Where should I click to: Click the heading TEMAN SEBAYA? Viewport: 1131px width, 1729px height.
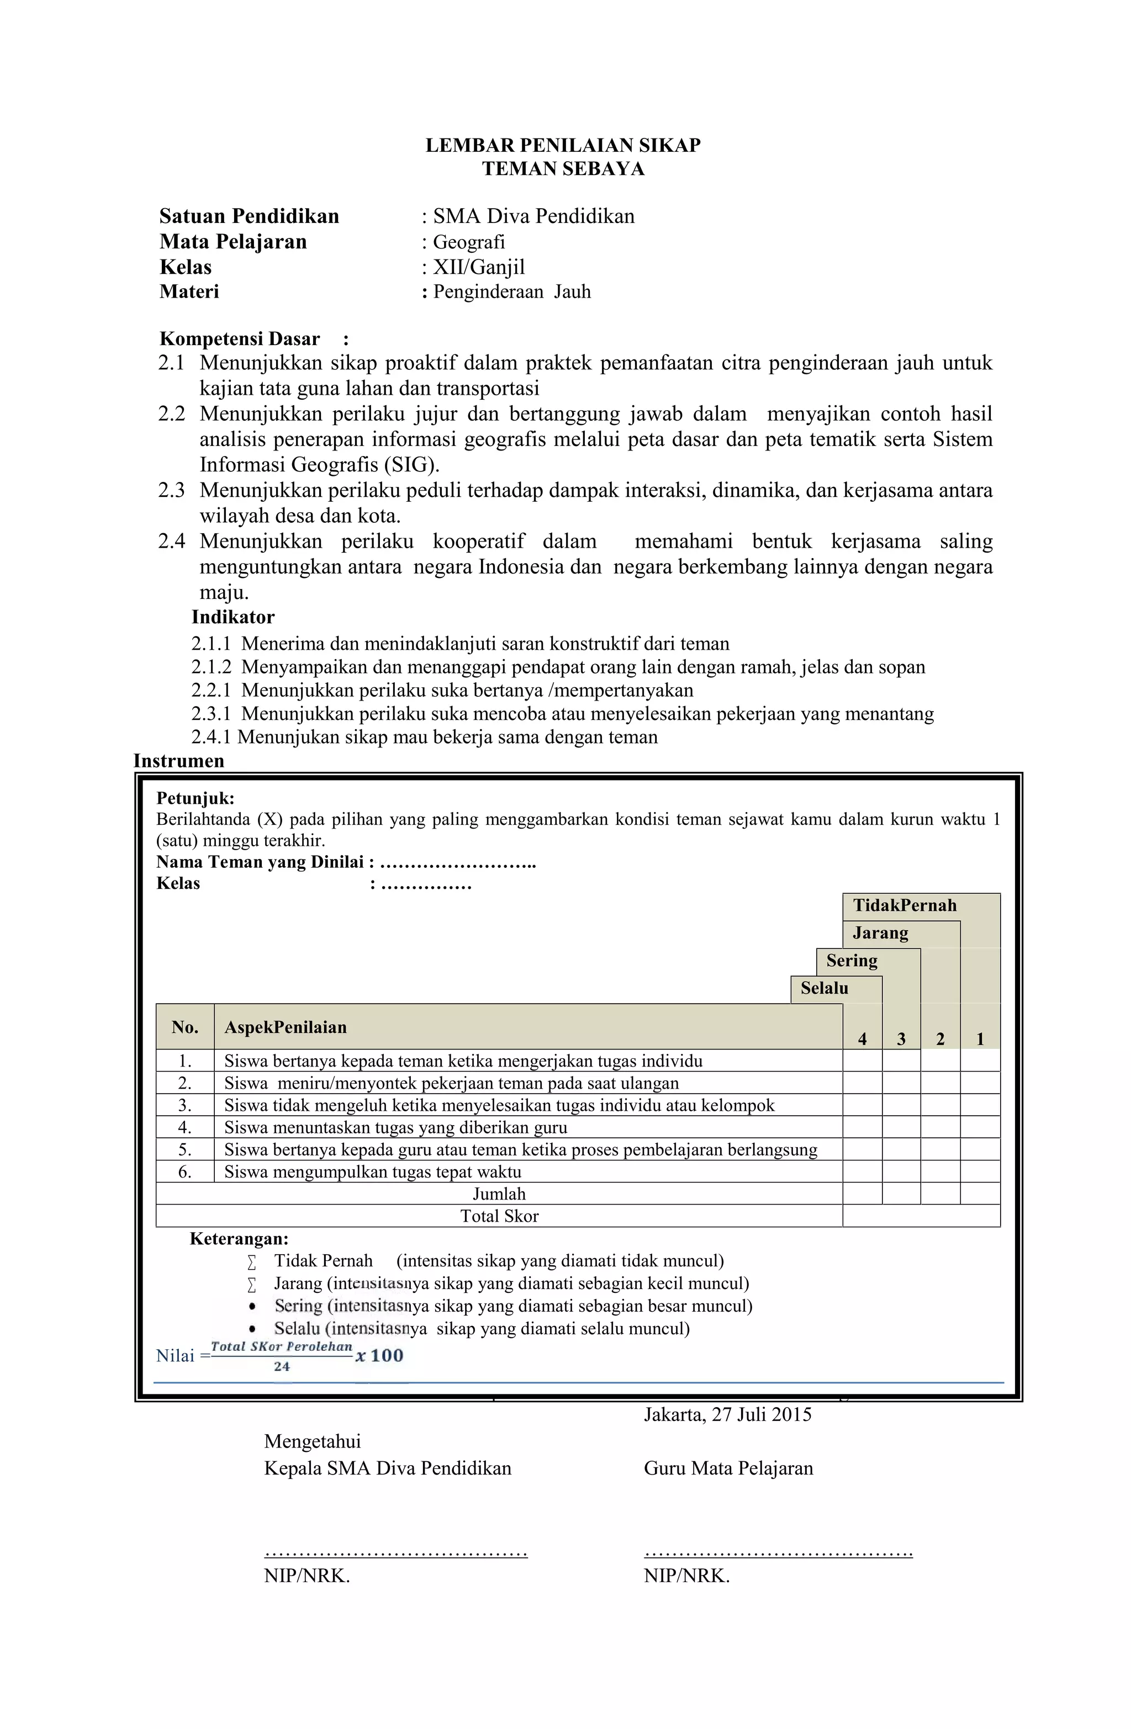click(x=563, y=169)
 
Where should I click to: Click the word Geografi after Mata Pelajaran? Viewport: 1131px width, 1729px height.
click(x=469, y=242)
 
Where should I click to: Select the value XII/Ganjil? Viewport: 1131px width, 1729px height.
click(x=478, y=267)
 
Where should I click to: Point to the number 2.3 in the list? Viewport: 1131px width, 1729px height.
click(x=172, y=490)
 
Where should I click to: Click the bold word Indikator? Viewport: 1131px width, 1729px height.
click(x=232, y=618)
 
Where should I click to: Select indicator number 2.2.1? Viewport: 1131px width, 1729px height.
click(x=211, y=690)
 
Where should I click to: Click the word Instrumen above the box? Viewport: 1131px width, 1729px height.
click(x=179, y=761)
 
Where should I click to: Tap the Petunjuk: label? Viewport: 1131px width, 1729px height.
click(x=195, y=798)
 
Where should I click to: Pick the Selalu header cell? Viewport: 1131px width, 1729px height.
click(x=825, y=989)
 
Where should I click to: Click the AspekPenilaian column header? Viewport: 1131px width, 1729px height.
click(x=285, y=1027)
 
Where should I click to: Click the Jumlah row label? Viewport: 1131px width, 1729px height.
click(x=499, y=1194)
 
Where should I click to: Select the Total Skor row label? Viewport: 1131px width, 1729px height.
click(x=499, y=1216)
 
